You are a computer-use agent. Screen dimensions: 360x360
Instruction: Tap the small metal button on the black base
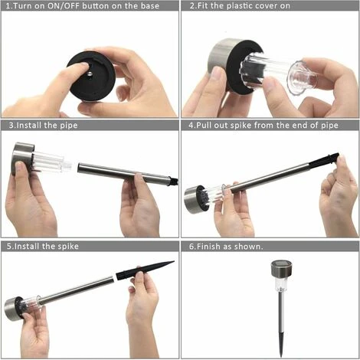[x=90, y=74]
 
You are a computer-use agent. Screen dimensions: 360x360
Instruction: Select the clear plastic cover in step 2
[x=278, y=71]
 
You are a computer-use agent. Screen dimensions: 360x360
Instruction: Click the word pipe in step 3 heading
[x=69, y=126]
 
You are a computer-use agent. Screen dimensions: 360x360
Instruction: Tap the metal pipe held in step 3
[x=125, y=173]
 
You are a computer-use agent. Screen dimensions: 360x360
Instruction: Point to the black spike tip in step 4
[x=324, y=160]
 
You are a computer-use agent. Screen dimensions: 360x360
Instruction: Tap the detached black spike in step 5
[x=145, y=270]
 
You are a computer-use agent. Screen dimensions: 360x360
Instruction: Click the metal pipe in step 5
[x=76, y=290]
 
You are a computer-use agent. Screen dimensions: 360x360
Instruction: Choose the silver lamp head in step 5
[x=13, y=309]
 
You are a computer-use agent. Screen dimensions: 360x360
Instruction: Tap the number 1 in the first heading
[x=8, y=6]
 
